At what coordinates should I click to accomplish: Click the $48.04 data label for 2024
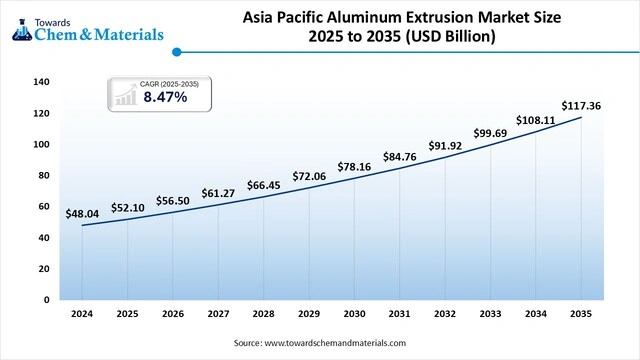tap(82, 213)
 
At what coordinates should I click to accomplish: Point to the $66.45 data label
tap(263, 185)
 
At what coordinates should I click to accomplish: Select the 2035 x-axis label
tap(578, 313)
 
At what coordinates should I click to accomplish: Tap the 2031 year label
tap(398, 313)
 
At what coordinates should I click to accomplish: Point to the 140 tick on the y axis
tap(41, 82)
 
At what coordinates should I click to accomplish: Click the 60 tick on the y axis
tap(44, 206)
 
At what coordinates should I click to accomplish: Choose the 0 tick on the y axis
tap(47, 299)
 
